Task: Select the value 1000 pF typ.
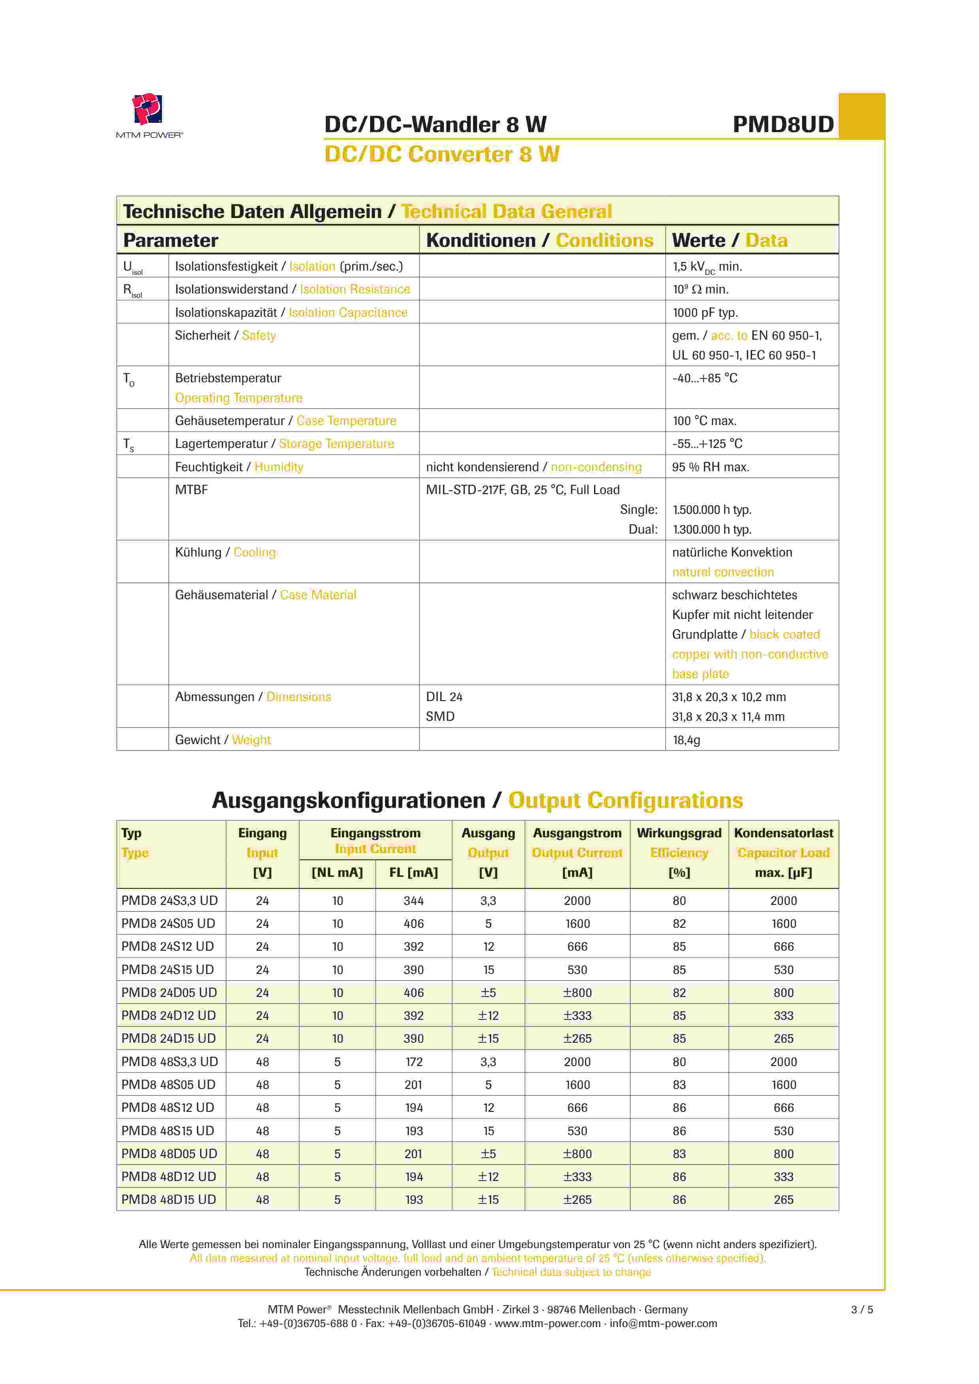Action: pyautogui.click(x=705, y=312)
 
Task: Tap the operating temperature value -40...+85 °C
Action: pyautogui.click(x=704, y=378)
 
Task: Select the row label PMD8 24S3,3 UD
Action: pyautogui.click(x=169, y=900)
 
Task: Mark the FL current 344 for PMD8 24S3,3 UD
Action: pyautogui.click(x=413, y=900)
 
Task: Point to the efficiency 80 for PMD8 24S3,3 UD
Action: pyautogui.click(x=679, y=900)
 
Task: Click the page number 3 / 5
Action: pyautogui.click(x=861, y=1309)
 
